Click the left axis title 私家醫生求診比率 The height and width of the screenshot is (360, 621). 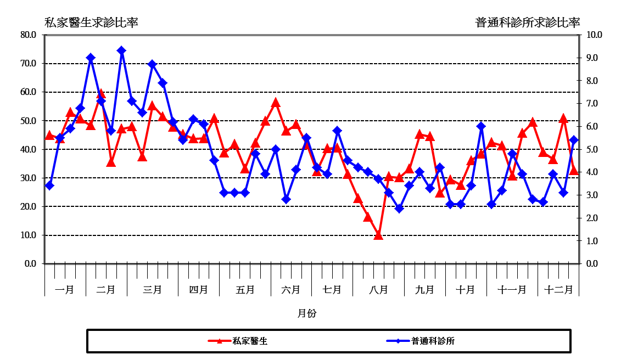pyautogui.click(x=91, y=22)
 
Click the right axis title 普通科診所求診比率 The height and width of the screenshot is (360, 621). pyautogui.click(x=528, y=22)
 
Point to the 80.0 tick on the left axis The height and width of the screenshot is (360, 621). pyautogui.click(x=28, y=35)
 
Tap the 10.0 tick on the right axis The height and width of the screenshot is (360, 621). pyautogui.click(x=594, y=35)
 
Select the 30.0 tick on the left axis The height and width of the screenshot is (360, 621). pyautogui.click(x=28, y=178)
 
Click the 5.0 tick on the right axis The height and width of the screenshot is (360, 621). pyautogui.click(x=594, y=149)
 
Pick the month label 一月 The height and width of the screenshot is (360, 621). pyautogui.click(x=65, y=289)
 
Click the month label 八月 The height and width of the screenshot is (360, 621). pyautogui.click(x=378, y=289)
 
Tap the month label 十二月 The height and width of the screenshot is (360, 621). pyautogui.click(x=558, y=289)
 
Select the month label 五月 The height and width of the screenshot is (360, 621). pyautogui.click(x=245, y=289)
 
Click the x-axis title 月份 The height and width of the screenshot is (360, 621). pyautogui.click(x=307, y=313)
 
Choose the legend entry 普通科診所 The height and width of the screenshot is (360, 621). pyautogui.click(x=433, y=341)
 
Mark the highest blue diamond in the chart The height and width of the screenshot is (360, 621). pyautogui.click(x=121, y=50)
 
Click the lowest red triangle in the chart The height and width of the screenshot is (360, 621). pyautogui.click(x=378, y=235)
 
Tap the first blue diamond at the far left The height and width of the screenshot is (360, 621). pyautogui.click(x=49, y=185)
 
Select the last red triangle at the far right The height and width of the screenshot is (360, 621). pyautogui.click(x=574, y=170)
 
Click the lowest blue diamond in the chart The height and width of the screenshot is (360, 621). pyautogui.click(x=399, y=209)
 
